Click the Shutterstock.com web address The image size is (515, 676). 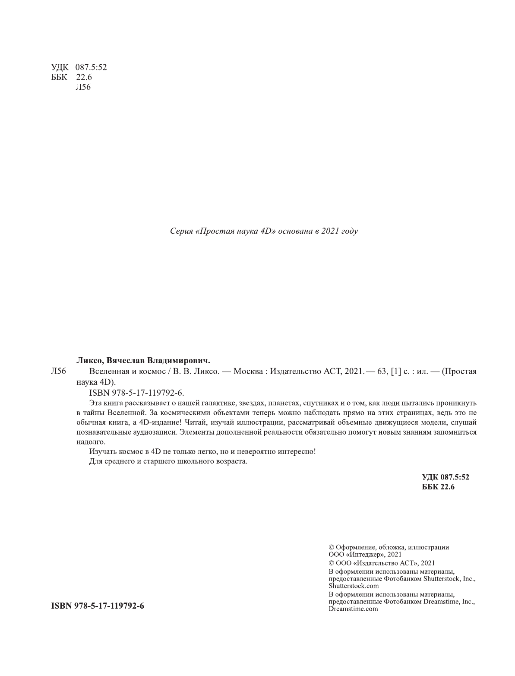354,586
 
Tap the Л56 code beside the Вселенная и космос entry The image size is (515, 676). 58,371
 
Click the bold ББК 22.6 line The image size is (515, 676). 439,487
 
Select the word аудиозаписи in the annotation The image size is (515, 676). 150,432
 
